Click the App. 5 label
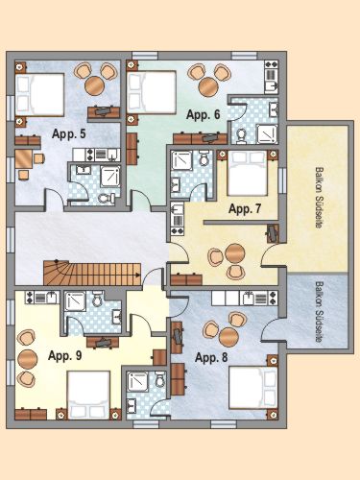coord(69,134)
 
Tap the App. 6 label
coord(204,114)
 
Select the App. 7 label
coord(245,209)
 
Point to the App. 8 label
coord(211,357)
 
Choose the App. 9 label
coord(65,355)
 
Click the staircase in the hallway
coord(92,273)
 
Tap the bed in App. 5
coord(40,95)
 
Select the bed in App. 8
coord(253,388)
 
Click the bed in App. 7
coord(247,173)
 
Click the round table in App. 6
coord(208,85)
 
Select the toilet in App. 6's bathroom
coord(241,135)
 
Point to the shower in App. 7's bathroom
coord(181,160)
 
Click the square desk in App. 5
coord(24,158)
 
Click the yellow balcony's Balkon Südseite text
coord(319,197)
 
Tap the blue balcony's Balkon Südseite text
coord(319,312)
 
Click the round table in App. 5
coord(94,85)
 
